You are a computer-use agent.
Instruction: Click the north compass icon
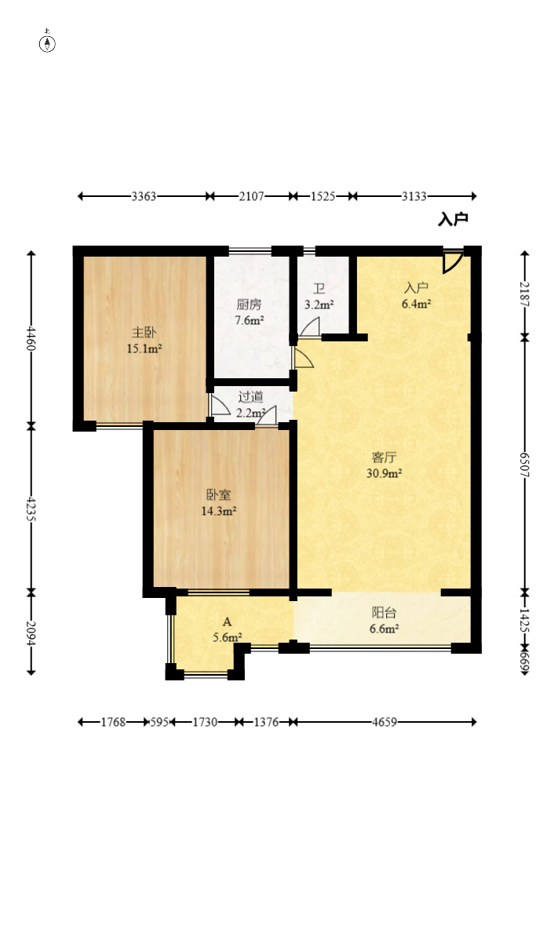coord(47,42)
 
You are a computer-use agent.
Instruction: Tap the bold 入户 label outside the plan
coord(453,219)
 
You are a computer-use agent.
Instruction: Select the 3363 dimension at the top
coord(144,196)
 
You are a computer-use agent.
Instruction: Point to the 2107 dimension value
coord(251,196)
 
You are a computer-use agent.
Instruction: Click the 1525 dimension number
coord(323,196)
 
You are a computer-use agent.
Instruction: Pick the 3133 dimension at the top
coord(414,196)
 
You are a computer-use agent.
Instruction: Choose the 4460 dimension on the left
coord(31,338)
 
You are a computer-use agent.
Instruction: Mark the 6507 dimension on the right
coord(524,465)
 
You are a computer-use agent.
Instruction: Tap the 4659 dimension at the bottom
coord(385,722)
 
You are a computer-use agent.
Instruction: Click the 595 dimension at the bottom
coord(159,722)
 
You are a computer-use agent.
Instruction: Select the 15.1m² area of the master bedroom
coord(144,348)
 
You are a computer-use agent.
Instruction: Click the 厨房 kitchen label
coord(249,304)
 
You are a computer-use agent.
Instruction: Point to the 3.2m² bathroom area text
coord(319,304)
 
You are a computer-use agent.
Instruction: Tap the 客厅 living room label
coord(384,457)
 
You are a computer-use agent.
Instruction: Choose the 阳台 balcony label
coord(384,613)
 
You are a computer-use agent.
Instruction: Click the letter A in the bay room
coord(228,622)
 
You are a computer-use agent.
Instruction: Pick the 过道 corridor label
coord(250,397)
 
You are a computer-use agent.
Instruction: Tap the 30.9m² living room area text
coord(385,473)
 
